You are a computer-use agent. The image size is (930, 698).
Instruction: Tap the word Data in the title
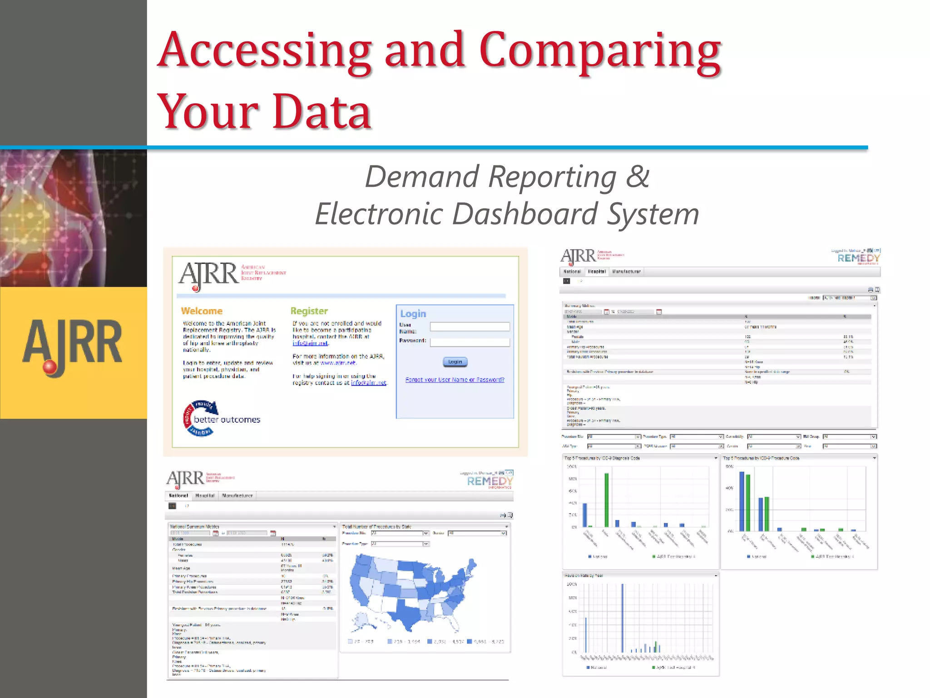[322, 111]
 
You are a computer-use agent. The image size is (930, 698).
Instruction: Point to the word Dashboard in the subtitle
[524, 214]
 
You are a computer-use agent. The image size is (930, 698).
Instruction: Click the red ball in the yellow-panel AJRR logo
[49, 367]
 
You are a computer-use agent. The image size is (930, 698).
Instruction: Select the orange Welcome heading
[202, 311]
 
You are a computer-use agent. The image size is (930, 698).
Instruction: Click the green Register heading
[309, 311]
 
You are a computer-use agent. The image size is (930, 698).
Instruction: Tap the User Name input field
[470, 326]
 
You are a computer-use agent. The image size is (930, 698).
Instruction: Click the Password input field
[470, 342]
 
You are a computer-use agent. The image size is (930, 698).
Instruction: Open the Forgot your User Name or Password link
[455, 380]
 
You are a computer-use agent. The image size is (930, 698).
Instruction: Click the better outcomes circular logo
[200, 419]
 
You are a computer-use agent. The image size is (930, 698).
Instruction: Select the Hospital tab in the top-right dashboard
[597, 272]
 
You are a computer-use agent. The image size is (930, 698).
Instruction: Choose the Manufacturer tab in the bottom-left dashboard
[237, 495]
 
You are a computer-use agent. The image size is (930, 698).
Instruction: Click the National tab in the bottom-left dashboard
[178, 495]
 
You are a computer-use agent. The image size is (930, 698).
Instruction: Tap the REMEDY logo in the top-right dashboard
[858, 258]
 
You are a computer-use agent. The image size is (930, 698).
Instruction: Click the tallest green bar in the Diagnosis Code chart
[606, 500]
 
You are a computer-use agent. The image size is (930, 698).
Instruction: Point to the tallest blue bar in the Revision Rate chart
[622, 618]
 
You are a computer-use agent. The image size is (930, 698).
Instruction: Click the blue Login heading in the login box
[413, 314]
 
